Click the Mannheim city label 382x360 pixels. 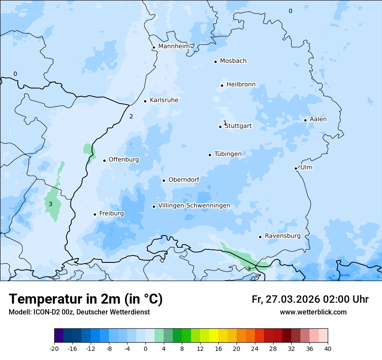(x=174, y=46)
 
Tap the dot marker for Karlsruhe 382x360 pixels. (x=145, y=101)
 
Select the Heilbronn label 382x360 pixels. (x=241, y=85)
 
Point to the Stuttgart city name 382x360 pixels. (x=238, y=126)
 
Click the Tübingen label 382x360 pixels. (x=228, y=154)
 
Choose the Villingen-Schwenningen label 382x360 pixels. (x=194, y=206)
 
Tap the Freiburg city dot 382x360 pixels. (x=95, y=214)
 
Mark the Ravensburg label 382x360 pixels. (x=283, y=236)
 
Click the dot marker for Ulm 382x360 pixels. (x=296, y=168)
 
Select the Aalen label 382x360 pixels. (x=318, y=119)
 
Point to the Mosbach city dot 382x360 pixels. (x=215, y=62)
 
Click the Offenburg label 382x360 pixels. (x=124, y=160)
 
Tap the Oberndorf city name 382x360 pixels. (x=184, y=180)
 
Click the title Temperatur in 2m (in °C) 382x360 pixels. (x=86, y=299)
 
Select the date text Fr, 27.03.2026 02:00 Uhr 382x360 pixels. (x=310, y=299)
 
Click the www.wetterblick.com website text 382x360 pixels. (x=313, y=312)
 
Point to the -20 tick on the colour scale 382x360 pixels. (x=54, y=348)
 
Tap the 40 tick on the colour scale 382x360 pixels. (x=328, y=348)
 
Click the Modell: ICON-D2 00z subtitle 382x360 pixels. (x=79, y=312)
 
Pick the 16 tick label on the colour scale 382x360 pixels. (x=218, y=348)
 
